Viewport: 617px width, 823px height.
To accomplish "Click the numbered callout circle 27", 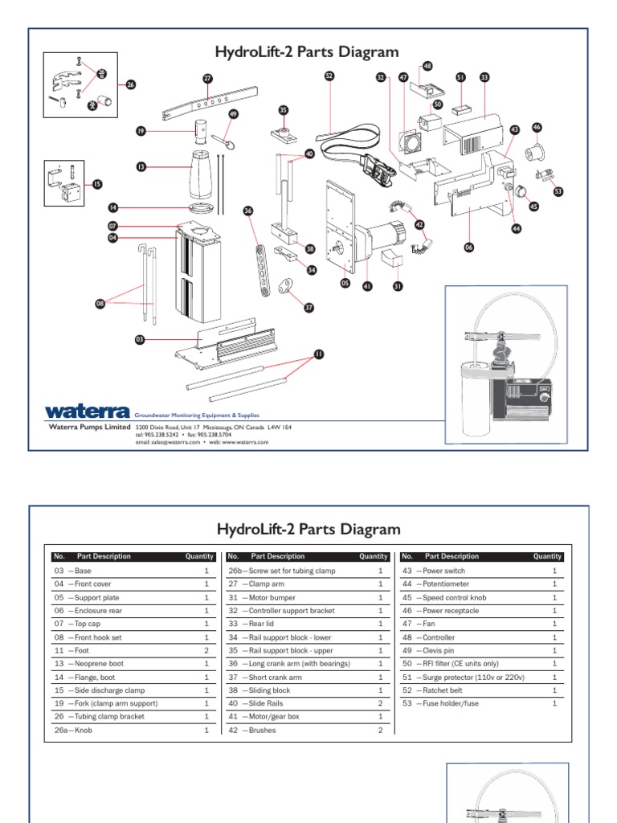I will [x=207, y=78].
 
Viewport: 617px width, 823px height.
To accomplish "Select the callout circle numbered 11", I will [x=318, y=354].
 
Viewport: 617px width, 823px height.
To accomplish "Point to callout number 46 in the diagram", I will [x=537, y=127].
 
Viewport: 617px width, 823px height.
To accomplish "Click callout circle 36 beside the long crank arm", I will [x=248, y=211].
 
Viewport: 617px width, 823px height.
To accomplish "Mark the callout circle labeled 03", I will [x=140, y=340].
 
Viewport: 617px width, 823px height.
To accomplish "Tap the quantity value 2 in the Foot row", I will [x=206, y=651].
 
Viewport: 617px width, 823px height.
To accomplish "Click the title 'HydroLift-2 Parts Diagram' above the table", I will [x=308, y=530].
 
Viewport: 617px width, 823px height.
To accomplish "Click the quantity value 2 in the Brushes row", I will [x=381, y=731].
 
